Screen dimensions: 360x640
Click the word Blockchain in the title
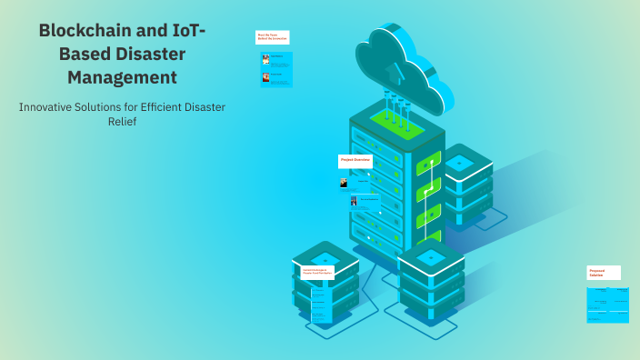83,31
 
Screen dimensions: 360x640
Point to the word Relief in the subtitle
122,121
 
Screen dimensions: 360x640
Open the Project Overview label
355,160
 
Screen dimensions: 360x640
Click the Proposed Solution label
604,272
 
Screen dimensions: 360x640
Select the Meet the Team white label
272,37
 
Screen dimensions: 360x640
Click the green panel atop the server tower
396,126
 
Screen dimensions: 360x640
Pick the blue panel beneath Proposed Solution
608,304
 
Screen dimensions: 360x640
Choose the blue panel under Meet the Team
276,69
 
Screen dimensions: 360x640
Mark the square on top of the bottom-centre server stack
431,257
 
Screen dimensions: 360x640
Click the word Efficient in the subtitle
157,106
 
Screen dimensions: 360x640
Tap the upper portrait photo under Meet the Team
265,59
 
